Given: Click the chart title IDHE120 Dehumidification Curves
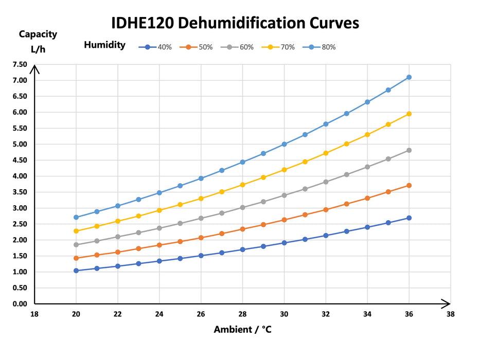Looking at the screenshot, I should coord(235,24).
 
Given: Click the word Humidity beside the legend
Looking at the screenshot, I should coord(104,45).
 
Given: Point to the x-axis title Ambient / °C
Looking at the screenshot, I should coord(242,330).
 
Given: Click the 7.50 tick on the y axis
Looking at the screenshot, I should coord(20,64).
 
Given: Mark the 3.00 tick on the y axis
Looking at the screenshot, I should coord(20,208).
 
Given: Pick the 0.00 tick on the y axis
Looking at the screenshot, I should coord(20,304).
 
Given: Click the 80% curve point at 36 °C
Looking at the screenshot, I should coord(409,77).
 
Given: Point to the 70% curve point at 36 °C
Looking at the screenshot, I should coord(409,114).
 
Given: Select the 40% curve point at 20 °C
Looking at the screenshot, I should coord(76,271).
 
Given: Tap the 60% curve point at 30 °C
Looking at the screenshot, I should coord(284,195).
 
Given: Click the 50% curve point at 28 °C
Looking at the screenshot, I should coord(242,229).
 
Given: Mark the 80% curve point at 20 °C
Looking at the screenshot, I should coord(76,217).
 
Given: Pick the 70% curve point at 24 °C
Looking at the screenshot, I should coord(160,210).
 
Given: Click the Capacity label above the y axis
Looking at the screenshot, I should coord(38,34).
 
